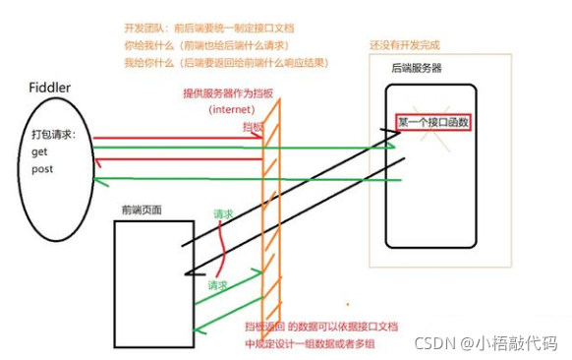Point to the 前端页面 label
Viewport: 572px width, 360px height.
(x=142, y=210)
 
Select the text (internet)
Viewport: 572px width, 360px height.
(x=232, y=108)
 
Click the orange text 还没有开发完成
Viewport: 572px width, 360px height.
(x=410, y=46)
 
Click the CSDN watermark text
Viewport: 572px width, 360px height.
(x=492, y=343)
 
